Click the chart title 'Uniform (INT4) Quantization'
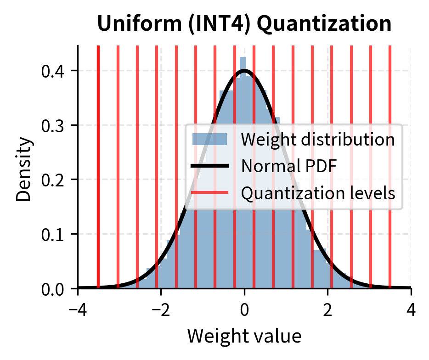click(244, 24)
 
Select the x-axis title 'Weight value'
click(244, 336)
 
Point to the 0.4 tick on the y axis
click(53, 71)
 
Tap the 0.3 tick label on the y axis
click(53, 125)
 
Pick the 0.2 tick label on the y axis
click(53, 180)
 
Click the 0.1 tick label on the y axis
click(53, 234)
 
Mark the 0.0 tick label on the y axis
click(53, 289)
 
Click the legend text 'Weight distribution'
click(317, 139)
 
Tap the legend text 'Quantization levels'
click(318, 193)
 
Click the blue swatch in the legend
click(209, 139)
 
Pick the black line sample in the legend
click(209, 166)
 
